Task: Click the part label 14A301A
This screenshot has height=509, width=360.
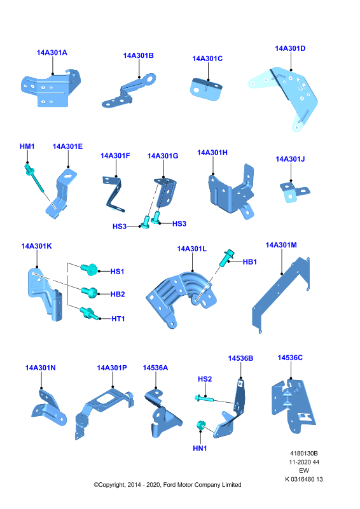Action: pos(52,53)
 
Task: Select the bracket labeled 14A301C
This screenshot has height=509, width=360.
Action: pos(207,89)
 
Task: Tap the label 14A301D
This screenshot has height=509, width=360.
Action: pos(290,48)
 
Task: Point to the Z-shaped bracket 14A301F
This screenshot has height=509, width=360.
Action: pos(114,194)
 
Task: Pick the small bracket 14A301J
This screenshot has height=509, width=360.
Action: pos(294,192)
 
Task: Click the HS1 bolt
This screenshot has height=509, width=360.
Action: pos(88,269)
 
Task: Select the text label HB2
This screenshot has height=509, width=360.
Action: pos(118,294)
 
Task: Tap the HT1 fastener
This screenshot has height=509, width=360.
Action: pos(87,313)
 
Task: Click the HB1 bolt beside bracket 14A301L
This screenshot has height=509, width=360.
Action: pos(226,258)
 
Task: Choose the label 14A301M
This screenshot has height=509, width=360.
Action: pos(281,245)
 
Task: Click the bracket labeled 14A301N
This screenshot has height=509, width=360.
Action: pos(48,408)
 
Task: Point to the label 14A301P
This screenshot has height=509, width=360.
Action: pos(112,368)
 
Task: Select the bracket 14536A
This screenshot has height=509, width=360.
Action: pos(162,414)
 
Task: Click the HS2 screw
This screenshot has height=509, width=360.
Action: pos(204,398)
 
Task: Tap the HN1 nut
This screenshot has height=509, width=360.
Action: pos(200,425)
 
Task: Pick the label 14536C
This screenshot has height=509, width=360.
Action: pos(290,358)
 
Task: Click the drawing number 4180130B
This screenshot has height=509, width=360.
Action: pos(304,453)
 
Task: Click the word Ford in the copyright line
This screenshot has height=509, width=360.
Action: pos(169,485)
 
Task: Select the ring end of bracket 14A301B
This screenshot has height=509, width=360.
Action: pos(150,78)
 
